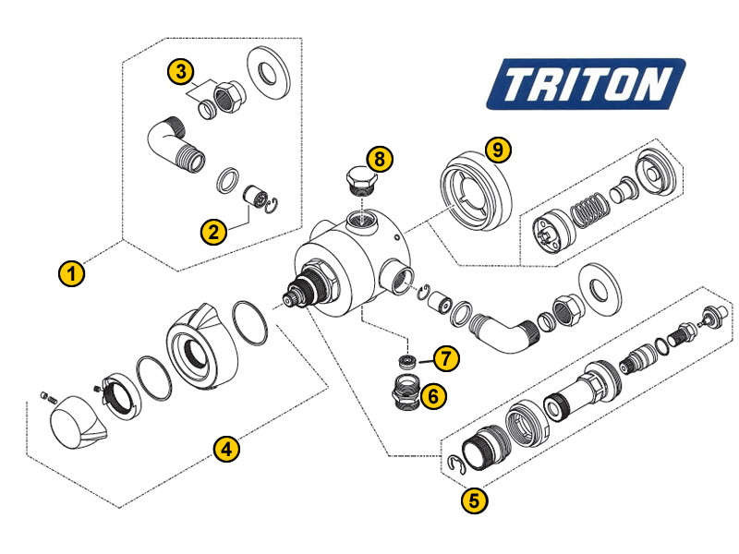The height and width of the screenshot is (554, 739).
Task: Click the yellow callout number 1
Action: (x=72, y=273)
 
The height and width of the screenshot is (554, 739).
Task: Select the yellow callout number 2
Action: (x=213, y=233)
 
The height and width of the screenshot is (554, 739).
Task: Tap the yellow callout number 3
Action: (x=180, y=72)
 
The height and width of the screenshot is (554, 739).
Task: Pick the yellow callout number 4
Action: (x=226, y=449)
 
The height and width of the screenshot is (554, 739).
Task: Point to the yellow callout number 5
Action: (x=474, y=500)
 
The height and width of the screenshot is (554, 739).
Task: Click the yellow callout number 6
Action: (x=433, y=396)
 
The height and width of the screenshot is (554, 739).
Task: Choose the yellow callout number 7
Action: (x=446, y=359)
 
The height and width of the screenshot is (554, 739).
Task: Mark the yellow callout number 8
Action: (x=380, y=159)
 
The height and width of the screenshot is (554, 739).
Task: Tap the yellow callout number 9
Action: (x=498, y=151)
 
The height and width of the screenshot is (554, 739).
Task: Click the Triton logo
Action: (x=586, y=84)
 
